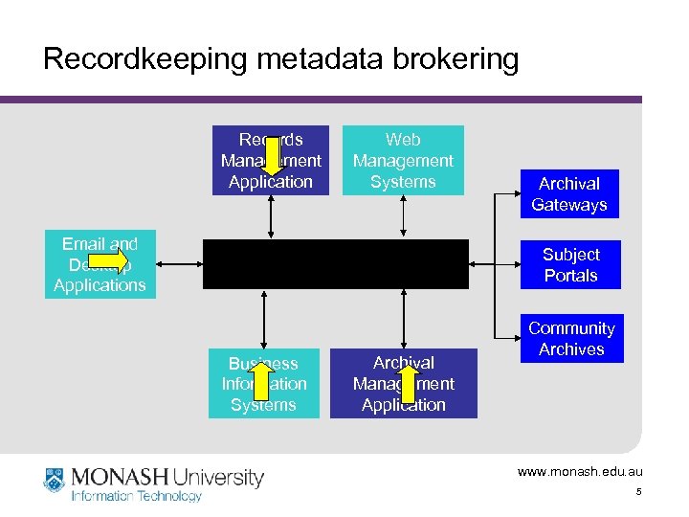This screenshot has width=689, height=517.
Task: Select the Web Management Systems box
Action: tap(403, 161)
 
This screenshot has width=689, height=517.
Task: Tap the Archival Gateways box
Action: tap(569, 194)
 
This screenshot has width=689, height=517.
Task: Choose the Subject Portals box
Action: tap(570, 265)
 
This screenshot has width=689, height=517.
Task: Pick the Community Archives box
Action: tap(571, 339)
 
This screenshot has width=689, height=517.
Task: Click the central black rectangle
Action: tap(336, 264)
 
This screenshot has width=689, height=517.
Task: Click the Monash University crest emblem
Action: tap(54, 480)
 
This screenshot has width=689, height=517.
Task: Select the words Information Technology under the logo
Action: tap(137, 496)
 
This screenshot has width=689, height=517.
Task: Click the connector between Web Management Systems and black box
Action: tap(403, 217)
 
